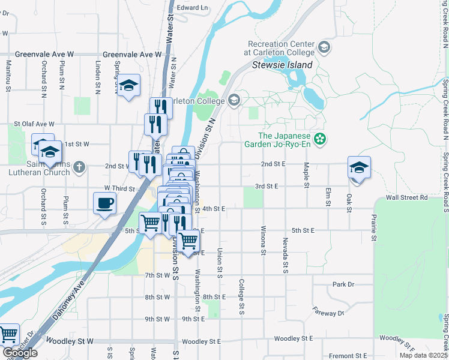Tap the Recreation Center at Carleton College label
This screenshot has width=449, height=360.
(281, 48)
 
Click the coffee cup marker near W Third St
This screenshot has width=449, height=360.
(104, 203)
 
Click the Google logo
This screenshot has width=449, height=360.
(20, 353)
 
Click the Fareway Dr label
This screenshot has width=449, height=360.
(328, 312)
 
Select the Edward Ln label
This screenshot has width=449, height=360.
(192, 8)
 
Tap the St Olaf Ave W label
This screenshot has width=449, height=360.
(34, 124)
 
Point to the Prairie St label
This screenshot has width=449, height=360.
(373, 229)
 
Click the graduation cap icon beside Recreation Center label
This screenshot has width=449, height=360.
(324, 47)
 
